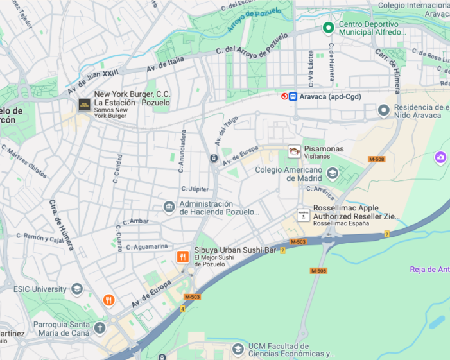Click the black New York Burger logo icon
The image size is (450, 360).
84,105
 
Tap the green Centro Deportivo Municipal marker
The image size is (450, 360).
328,27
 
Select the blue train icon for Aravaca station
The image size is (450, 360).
293,97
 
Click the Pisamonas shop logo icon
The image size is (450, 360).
294,151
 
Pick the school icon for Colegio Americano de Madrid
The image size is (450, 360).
332,173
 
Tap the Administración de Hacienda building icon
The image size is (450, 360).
169,207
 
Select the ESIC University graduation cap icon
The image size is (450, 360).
77,289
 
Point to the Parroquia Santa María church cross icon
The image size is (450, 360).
99,329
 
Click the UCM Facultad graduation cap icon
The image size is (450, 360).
238,349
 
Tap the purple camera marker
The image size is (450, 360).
440,157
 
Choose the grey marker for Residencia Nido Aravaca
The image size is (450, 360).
383,110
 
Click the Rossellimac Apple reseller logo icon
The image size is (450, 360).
303,215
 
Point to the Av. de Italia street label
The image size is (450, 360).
165,64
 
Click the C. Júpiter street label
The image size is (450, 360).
195,189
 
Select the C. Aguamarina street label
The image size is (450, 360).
147,246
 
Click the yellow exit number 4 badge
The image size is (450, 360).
183,309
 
